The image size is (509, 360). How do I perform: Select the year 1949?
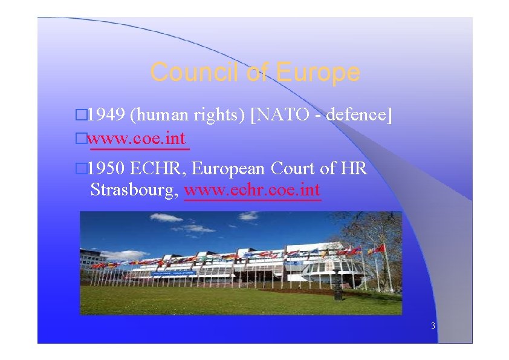[x=106, y=114]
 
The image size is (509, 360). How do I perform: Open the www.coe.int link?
[x=138, y=139]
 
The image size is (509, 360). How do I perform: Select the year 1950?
[x=106, y=168]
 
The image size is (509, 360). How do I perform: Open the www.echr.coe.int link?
[x=253, y=191]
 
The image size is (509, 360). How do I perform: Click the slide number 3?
[x=433, y=326]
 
